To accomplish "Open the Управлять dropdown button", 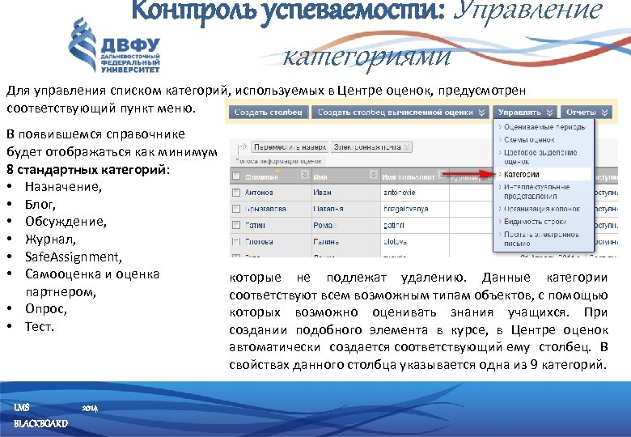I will (x=525, y=112).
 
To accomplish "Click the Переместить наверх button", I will (x=287, y=148).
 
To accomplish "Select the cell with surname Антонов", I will (x=261, y=193).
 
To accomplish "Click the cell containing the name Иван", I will (x=324, y=193).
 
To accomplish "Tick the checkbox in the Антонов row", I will (x=236, y=193).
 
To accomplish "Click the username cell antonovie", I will (x=400, y=193).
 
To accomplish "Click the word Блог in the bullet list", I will (x=39, y=204).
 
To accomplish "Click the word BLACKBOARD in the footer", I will (x=40, y=424).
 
